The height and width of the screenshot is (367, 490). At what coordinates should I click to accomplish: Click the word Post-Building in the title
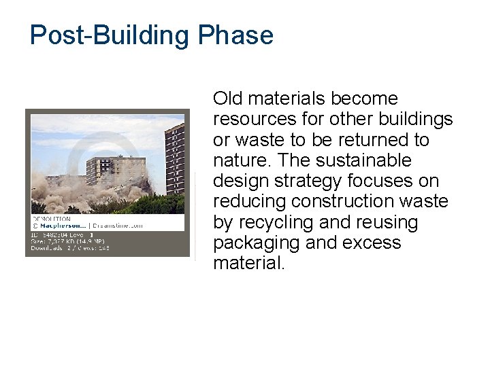coord(111,35)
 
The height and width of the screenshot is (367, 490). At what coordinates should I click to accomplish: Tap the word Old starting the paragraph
coord(228,99)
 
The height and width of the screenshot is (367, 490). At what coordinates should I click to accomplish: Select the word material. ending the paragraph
coord(249,264)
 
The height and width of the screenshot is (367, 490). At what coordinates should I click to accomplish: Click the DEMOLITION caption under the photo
coord(51,219)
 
